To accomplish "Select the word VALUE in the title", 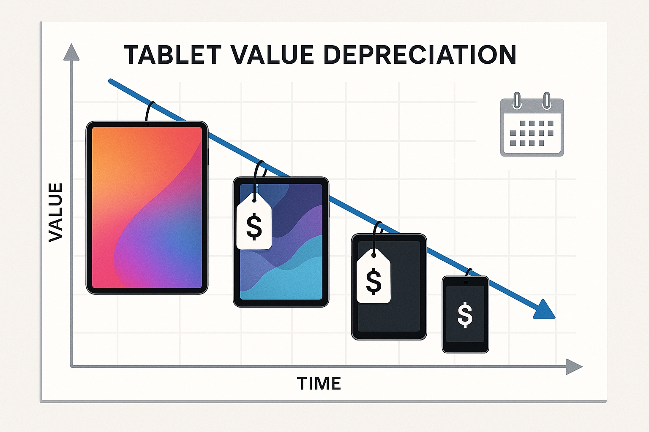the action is [x=272, y=55].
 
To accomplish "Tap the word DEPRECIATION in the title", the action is [x=420, y=55].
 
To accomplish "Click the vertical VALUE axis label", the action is [x=55, y=212].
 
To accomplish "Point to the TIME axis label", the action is [x=319, y=383].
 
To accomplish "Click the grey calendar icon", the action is [x=532, y=125].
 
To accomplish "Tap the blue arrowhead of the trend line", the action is [x=545, y=310].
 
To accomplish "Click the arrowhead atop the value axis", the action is [x=71, y=52].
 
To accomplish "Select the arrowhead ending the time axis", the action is [x=574, y=367].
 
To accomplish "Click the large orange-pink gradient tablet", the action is [x=147, y=208].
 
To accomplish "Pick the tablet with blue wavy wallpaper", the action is [x=281, y=242].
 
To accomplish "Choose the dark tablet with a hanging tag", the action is [x=389, y=286].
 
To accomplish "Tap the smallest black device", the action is [x=465, y=314].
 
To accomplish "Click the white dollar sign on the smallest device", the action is [x=465, y=315].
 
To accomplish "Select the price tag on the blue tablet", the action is [x=254, y=221].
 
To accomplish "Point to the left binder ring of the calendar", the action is [x=517, y=101].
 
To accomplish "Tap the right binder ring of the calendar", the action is [x=546, y=101].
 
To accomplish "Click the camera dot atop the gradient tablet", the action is [x=148, y=124].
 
